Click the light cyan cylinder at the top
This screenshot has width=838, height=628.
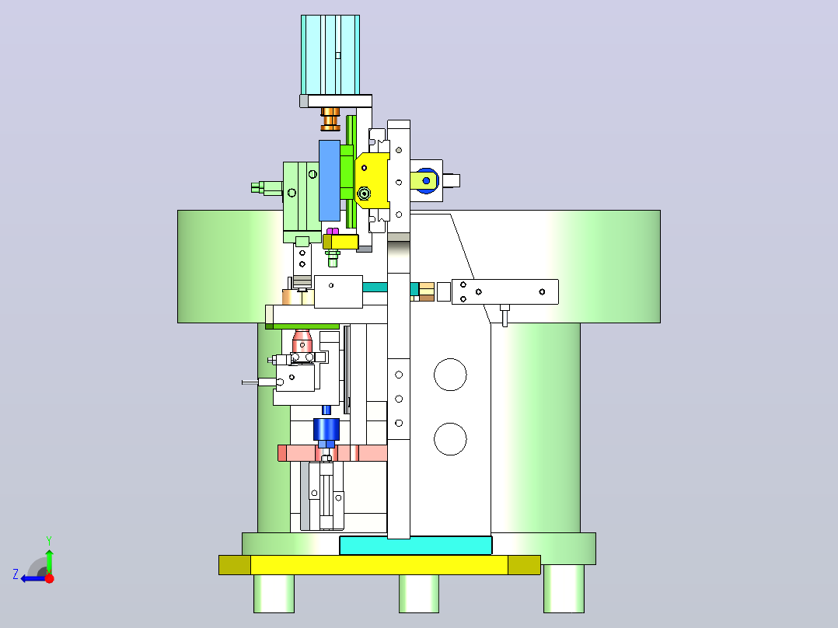(330, 55)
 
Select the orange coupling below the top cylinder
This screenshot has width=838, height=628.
(330, 119)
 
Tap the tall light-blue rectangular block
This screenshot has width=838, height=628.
(330, 180)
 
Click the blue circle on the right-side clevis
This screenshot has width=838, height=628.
(427, 180)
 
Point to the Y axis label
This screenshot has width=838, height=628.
(49, 540)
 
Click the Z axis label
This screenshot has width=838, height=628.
(16, 574)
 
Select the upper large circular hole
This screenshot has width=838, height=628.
(450, 375)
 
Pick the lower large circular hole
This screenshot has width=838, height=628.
(450, 439)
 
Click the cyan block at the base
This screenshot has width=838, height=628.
(416, 546)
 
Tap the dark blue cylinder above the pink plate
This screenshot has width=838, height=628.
(326, 429)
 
